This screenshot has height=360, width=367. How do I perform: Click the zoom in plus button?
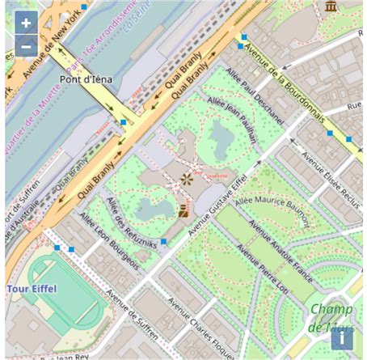click(26, 23)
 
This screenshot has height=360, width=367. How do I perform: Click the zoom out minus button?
click(26, 46)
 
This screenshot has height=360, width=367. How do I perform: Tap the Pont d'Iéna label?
click(86, 79)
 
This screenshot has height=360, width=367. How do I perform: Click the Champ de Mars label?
click(331, 318)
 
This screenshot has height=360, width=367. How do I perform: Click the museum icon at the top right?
click(331, 7)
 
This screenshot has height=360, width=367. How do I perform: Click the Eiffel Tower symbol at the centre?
click(187, 180)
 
